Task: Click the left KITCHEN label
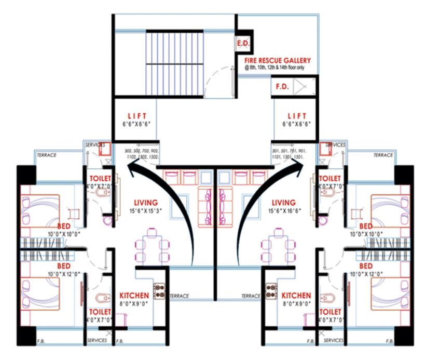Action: (134, 295)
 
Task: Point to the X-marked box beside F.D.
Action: (300, 86)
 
